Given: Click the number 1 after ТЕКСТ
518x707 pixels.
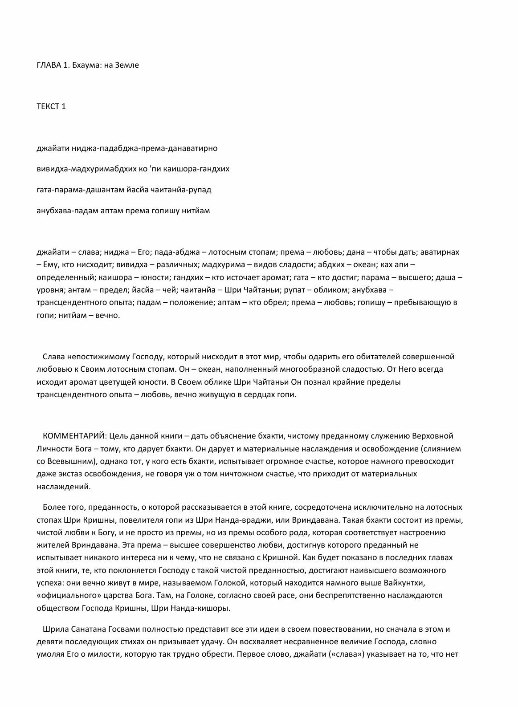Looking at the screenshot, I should tap(64, 106).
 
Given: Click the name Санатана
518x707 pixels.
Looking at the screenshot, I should tap(83, 630).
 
